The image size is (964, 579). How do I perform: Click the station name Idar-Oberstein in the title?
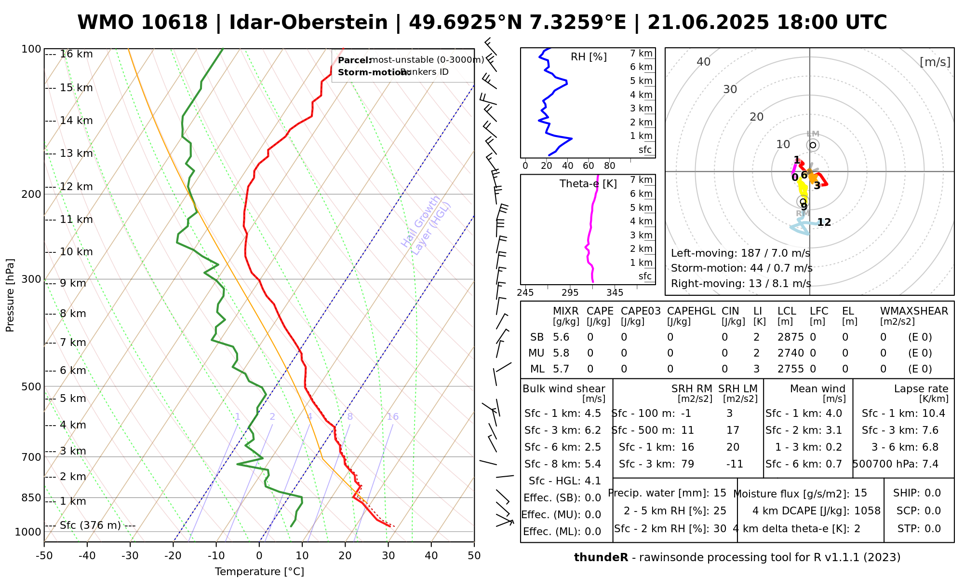(x=308, y=23)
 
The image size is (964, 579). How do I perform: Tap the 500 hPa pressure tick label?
(x=31, y=386)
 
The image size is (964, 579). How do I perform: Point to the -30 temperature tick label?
(x=130, y=556)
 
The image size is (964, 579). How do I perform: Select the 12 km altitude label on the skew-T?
(x=76, y=187)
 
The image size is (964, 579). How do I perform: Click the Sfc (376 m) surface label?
(x=90, y=525)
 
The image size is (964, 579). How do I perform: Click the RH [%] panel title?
(x=589, y=57)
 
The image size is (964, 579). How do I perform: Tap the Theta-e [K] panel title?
(x=588, y=184)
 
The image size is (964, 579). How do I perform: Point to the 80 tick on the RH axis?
(x=609, y=166)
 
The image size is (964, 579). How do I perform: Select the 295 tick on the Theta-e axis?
(x=570, y=292)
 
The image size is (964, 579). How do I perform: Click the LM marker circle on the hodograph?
(x=813, y=145)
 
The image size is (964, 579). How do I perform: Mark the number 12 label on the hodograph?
(x=824, y=222)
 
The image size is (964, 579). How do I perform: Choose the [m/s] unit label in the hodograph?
(x=935, y=62)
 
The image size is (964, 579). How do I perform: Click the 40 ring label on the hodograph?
(x=704, y=62)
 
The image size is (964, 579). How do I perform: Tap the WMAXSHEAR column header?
(x=914, y=311)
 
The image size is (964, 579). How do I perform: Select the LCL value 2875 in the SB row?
(x=790, y=337)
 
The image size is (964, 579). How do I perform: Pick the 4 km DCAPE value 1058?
(x=867, y=511)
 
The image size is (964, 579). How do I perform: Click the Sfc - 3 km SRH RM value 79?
(x=687, y=464)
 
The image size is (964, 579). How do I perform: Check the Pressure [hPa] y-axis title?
(x=10, y=295)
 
